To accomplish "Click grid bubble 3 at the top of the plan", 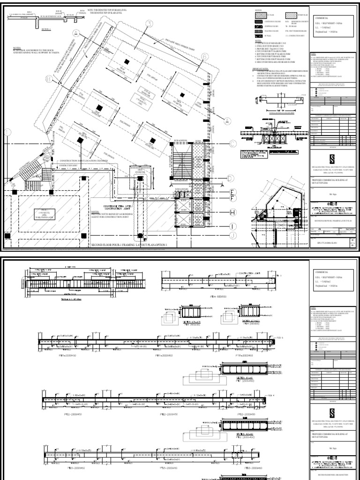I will click(150, 23).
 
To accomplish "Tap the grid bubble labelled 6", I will click(205, 57).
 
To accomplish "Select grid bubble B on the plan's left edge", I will click(9, 80).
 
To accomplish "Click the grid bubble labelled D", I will click(231, 178).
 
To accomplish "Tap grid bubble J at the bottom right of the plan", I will click(233, 235).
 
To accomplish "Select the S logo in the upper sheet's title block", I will click(332, 156).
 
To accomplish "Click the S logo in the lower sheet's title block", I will click(332, 412).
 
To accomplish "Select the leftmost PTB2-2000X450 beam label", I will click(67, 414).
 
